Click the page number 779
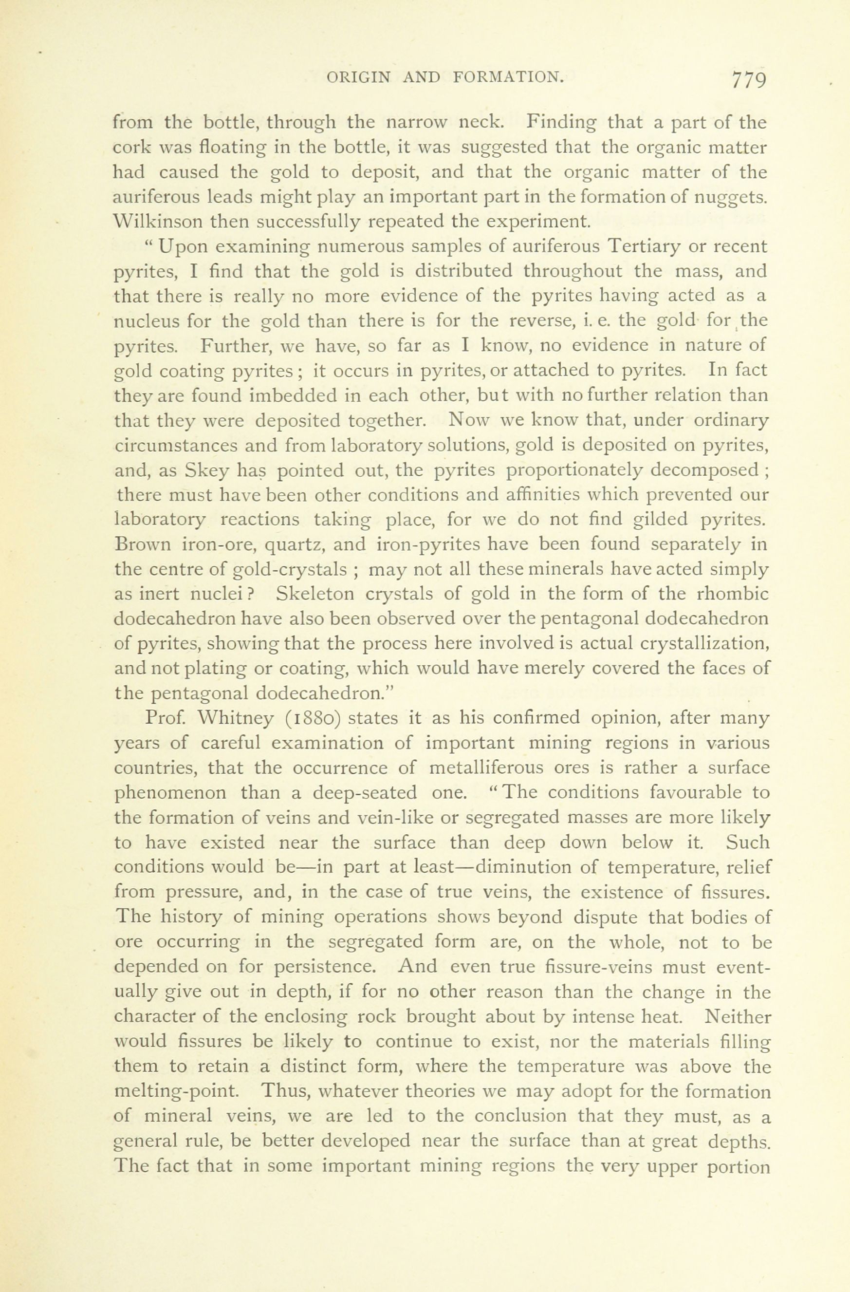749,80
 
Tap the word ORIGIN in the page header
358,77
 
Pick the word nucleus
147,321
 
